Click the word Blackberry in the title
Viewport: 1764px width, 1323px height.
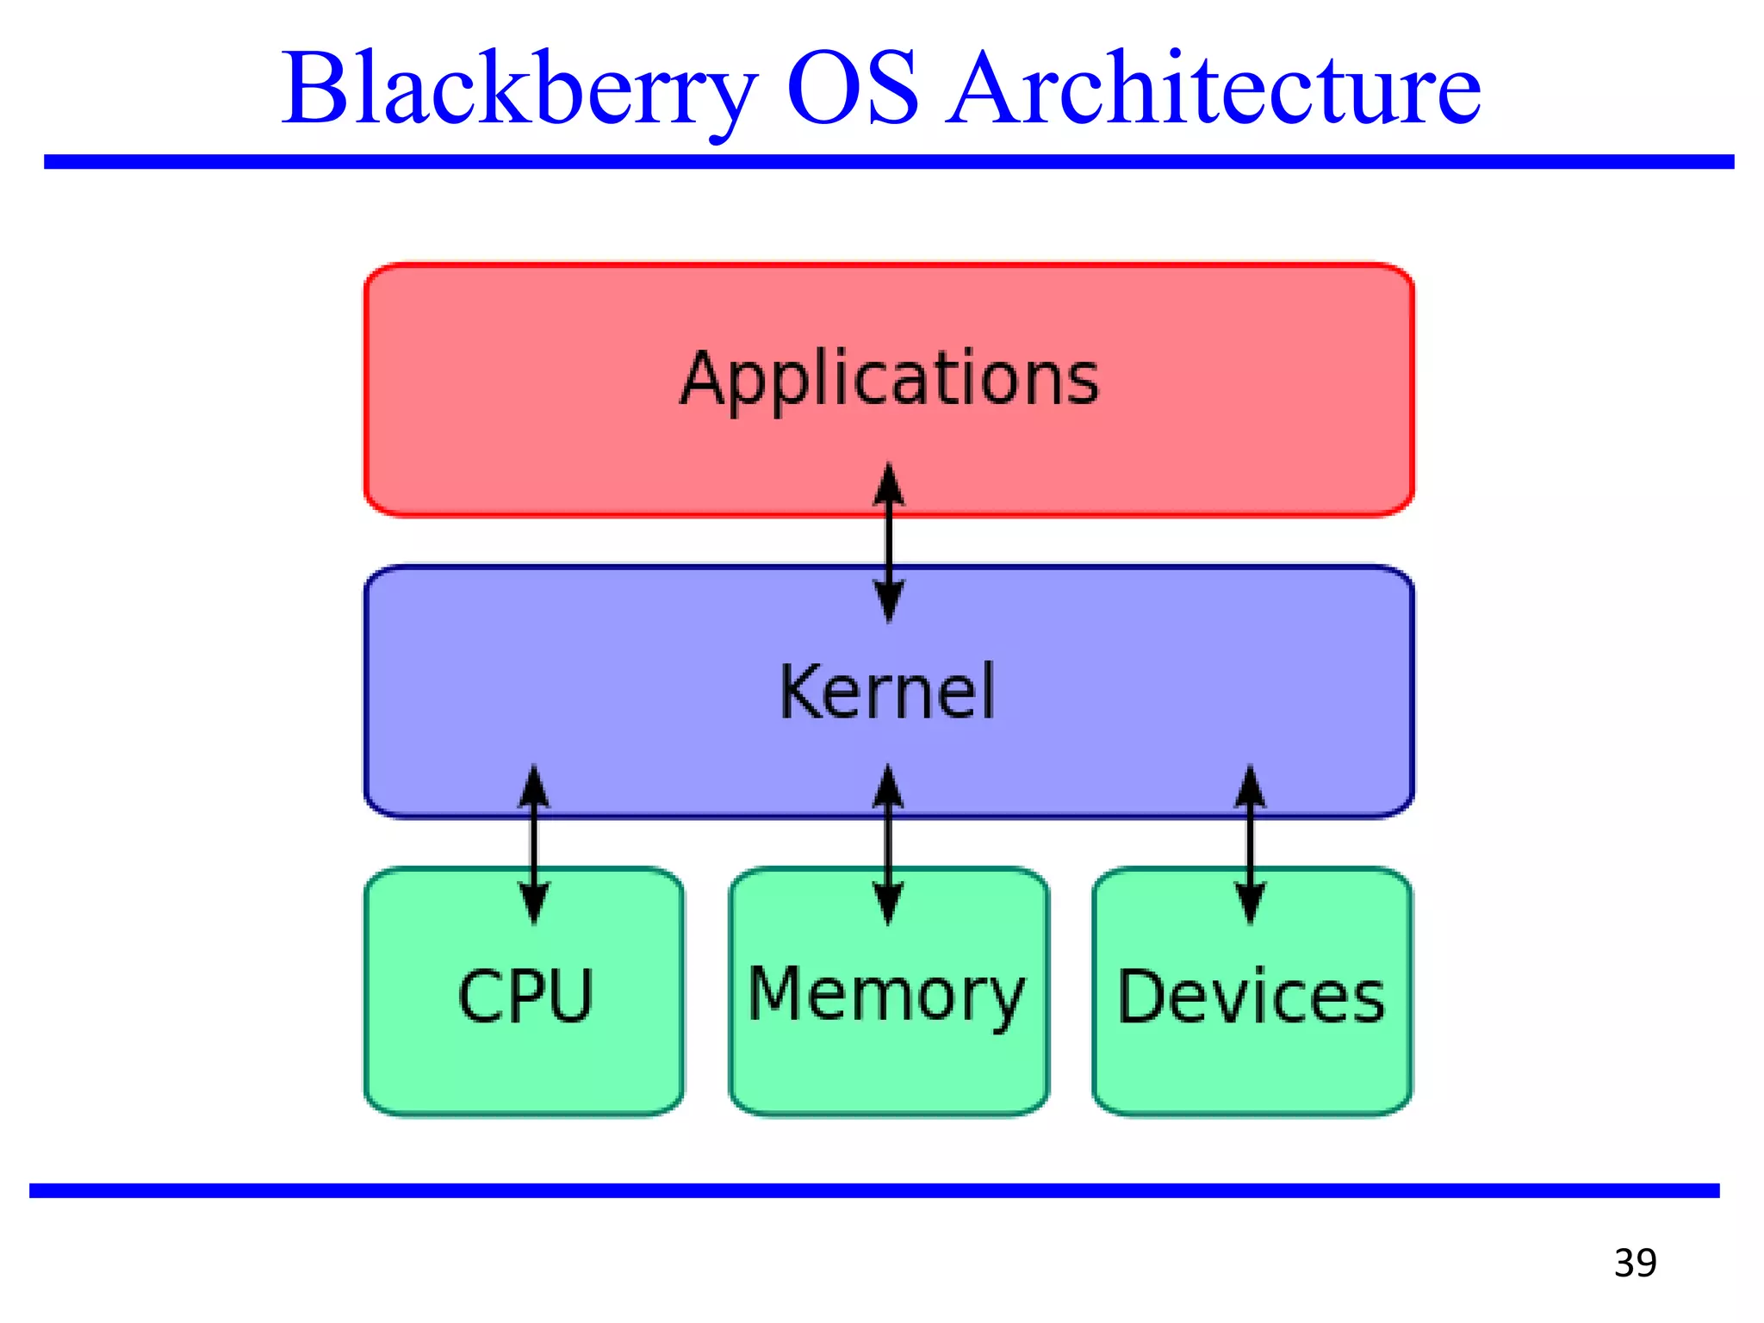(519, 89)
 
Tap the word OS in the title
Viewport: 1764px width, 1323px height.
(853, 89)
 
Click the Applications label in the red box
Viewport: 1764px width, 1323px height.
(890, 379)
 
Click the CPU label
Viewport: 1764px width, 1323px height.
(525, 997)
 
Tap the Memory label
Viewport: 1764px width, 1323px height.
(887, 995)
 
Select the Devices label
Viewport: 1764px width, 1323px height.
(1252, 997)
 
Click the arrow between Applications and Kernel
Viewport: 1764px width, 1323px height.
(889, 543)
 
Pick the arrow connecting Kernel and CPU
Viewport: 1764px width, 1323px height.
(534, 844)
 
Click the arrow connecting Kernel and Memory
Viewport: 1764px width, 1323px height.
(888, 844)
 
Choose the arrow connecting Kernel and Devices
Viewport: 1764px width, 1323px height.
(1251, 844)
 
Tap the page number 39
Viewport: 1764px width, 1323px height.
(1635, 1263)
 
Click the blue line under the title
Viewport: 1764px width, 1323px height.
(887, 162)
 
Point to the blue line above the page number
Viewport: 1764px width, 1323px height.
(874, 1190)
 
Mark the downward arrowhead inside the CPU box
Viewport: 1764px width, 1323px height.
(534, 904)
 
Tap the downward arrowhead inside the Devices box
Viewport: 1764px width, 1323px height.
(1251, 904)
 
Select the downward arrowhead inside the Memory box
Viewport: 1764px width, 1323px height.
(888, 904)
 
